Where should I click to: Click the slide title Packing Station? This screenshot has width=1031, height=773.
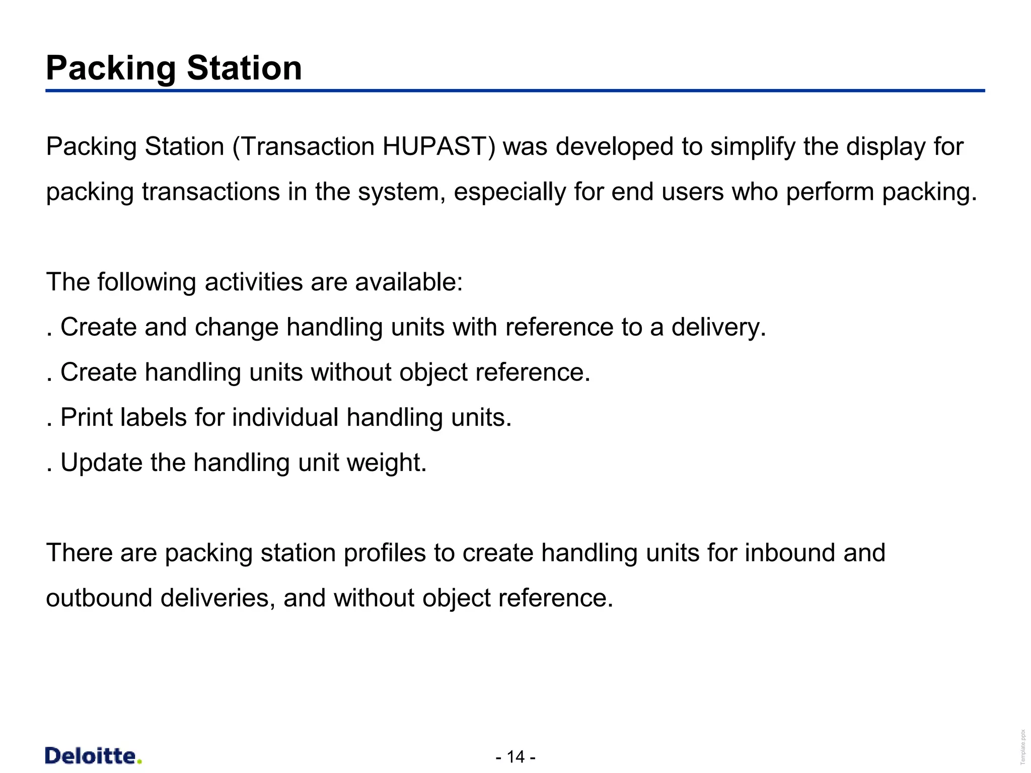point(174,68)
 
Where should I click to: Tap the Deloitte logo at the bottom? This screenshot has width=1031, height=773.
point(94,756)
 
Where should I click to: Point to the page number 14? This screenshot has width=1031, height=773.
point(515,756)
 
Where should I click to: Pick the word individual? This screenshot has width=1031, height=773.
point(285,418)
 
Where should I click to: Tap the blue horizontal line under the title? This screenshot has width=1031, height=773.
point(515,91)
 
